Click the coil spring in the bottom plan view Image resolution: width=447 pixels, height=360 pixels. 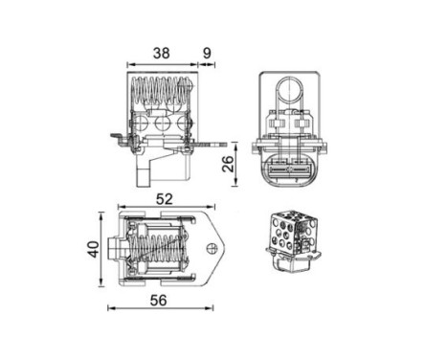158,251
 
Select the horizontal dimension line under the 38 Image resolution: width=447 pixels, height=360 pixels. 163,66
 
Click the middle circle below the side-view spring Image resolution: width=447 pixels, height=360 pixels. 161,123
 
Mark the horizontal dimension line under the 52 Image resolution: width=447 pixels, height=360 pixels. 164,208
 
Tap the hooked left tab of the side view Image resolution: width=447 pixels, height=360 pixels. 117,140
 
